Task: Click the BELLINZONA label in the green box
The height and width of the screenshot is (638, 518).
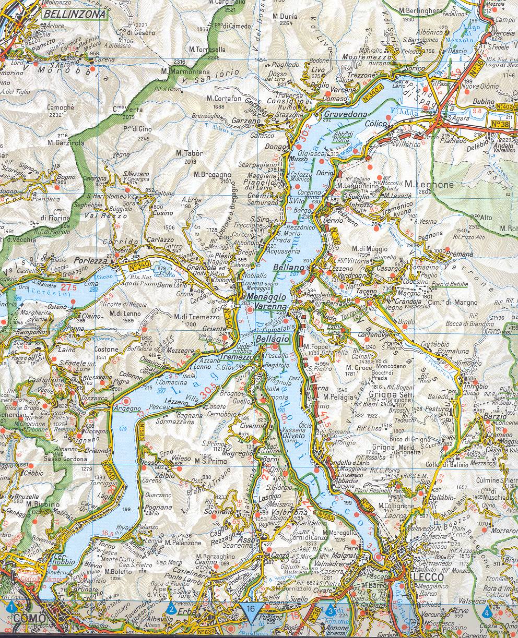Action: tap(74, 14)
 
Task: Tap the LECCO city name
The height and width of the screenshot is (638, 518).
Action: tap(427, 577)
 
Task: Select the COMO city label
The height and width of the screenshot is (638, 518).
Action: tap(27, 619)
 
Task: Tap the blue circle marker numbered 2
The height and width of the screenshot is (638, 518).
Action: tap(171, 609)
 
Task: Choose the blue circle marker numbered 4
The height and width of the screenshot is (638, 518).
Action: tap(487, 610)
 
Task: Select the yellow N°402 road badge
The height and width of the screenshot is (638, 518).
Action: tap(505, 106)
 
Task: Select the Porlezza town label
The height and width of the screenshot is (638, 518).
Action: tap(90, 260)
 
